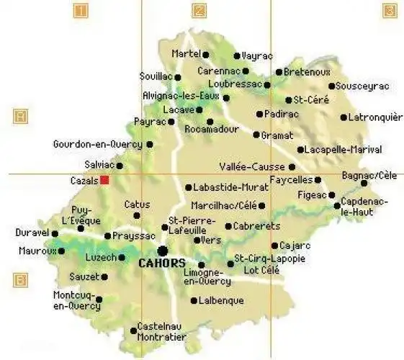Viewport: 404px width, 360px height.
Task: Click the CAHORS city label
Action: point(161,264)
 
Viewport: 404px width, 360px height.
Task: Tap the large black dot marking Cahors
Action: point(163,251)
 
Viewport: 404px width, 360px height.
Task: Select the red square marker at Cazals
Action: point(104,180)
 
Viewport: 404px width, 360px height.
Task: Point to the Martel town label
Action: point(186,54)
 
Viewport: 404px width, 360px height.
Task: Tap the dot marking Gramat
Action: point(256,135)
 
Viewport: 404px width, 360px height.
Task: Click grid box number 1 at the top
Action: point(81,11)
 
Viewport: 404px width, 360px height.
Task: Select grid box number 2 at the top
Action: point(199,11)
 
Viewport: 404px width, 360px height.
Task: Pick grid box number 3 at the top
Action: point(390,11)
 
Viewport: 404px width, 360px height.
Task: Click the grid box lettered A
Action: point(21,115)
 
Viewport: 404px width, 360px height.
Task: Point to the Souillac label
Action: point(156,76)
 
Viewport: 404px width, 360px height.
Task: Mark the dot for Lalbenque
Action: point(193,300)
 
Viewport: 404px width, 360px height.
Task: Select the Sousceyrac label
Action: point(363,86)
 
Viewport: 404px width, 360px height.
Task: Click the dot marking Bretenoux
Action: point(279,72)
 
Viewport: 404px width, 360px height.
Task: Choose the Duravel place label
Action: point(32,233)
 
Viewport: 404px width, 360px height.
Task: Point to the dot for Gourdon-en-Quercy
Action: point(150,144)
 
